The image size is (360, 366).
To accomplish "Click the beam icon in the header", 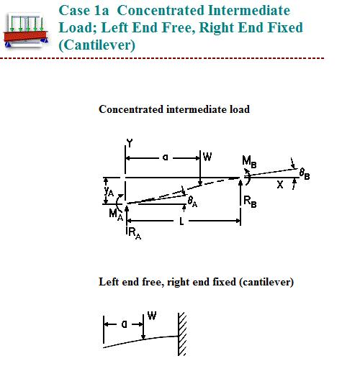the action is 26,30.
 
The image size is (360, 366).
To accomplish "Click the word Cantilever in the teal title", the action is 97,45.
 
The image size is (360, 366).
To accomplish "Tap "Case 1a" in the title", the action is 84,11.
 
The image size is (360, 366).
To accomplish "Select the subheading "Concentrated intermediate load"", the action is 174,109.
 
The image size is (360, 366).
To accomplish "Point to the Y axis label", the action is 130,143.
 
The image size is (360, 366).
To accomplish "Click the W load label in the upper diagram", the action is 207,157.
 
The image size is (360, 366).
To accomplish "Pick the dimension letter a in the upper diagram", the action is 166,157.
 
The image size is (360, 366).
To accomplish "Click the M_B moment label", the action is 249,162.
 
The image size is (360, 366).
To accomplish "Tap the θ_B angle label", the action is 305,174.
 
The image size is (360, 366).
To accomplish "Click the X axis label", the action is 280,185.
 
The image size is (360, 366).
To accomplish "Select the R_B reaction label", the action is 250,201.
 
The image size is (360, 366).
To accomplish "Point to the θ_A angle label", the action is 192,201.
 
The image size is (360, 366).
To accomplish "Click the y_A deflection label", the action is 109,191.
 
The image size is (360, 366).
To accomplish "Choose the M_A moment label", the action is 116,214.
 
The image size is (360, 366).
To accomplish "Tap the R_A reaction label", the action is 135,234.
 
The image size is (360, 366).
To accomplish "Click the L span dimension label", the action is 181,221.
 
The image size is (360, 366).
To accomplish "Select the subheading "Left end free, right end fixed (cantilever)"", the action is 196,282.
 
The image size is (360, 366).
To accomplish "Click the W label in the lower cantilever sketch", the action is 152,316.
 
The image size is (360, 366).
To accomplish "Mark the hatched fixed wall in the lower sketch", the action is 182,334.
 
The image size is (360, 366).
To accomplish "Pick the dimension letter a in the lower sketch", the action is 125,324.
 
